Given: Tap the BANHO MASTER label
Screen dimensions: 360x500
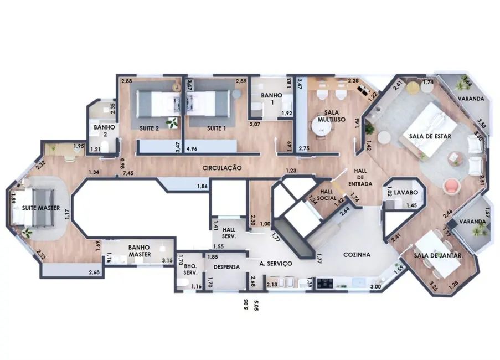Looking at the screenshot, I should pyautogui.click(x=140, y=251).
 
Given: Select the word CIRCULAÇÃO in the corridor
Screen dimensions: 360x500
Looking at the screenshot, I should pyautogui.click(x=221, y=167).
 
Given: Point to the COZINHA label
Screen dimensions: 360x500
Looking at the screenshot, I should pyautogui.click(x=357, y=254).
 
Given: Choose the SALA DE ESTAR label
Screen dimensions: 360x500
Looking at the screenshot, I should pyautogui.click(x=430, y=136).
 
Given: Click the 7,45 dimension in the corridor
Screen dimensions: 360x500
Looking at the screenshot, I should pyautogui.click(x=128, y=173).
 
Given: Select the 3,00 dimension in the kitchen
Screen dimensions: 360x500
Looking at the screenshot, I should pyautogui.click(x=375, y=286).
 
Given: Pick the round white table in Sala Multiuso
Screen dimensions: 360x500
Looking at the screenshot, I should pyautogui.click(x=319, y=128).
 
